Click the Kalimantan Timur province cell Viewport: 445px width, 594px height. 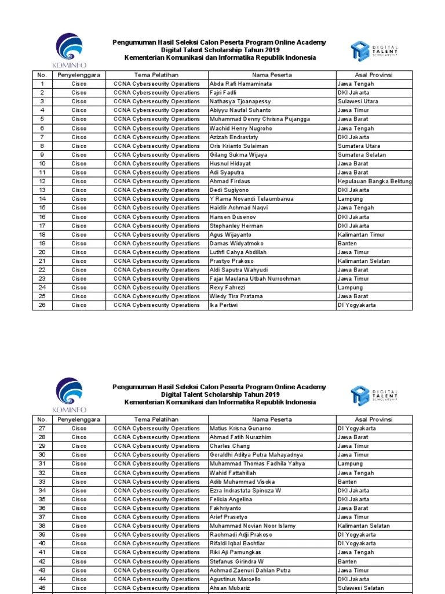point(361,235)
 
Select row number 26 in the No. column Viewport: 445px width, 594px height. point(42,305)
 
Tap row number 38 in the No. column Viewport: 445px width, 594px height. point(42,526)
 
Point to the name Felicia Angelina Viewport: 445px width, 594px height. point(231,499)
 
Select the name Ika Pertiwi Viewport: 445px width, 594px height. point(224,305)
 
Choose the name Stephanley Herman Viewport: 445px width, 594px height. point(236,226)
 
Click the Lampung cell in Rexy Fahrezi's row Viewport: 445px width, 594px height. point(350,287)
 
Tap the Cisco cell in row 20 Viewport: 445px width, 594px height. point(79,252)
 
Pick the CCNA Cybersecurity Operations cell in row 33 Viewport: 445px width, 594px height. point(156,481)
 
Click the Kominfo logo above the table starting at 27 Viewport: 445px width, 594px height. point(69,394)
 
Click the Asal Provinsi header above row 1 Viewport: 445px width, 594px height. point(374,75)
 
